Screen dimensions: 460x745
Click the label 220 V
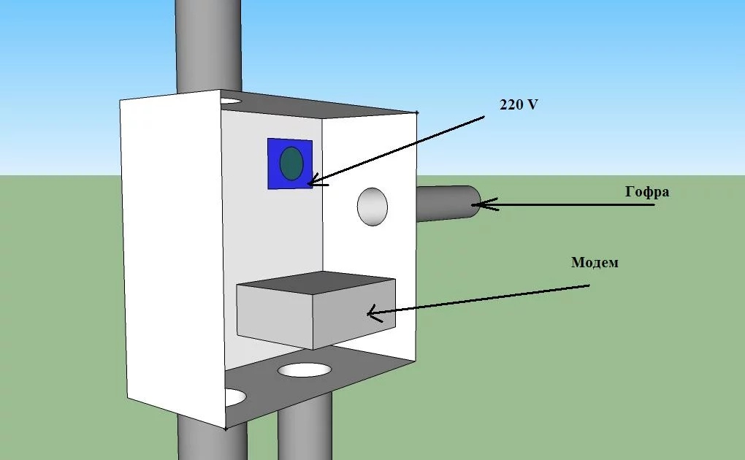519,104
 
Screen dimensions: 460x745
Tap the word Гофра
647,192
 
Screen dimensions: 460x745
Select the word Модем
595,262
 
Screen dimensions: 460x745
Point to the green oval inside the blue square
291,163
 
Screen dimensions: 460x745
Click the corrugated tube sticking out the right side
446,204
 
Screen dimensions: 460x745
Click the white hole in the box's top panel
230,99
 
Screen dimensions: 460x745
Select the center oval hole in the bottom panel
305,369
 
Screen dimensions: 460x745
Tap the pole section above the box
208,44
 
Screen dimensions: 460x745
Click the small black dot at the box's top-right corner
417,112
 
